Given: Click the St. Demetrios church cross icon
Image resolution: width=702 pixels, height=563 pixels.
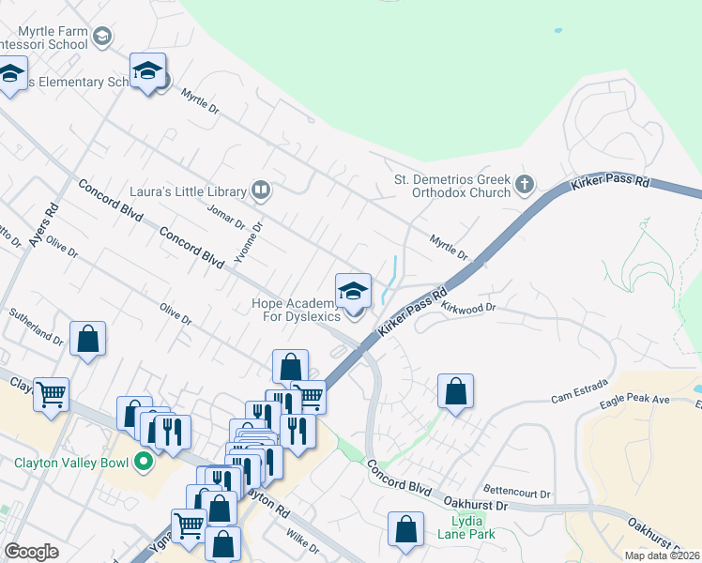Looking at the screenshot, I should pyautogui.click(x=525, y=183).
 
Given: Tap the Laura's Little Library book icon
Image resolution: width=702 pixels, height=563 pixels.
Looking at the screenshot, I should pyautogui.click(x=261, y=191).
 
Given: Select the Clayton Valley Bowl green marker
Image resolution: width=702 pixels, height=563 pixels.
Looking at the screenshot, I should pyautogui.click(x=143, y=462).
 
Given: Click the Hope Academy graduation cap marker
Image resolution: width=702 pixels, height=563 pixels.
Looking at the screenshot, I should pyautogui.click(x=353, y=291).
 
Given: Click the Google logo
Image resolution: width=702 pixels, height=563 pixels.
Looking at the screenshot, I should pyautogui.click(x=31, y=552).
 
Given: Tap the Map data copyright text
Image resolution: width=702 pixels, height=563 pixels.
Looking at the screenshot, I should pyautogui.click(x=662, y=555).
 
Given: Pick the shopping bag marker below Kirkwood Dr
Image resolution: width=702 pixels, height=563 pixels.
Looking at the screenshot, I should pyautogui.click(x=455, y=391).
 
